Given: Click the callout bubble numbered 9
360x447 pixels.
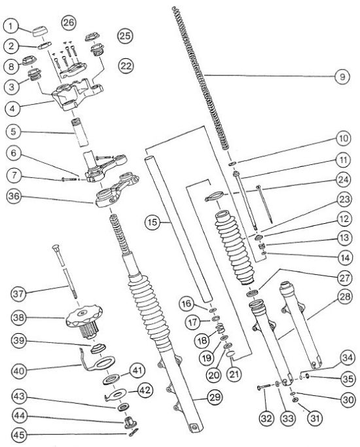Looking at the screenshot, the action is [342, 77].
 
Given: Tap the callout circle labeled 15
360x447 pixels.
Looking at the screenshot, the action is [153, 222].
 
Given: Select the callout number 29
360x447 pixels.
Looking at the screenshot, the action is [215, 397].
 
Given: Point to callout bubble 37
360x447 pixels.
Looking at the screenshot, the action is [19, 294].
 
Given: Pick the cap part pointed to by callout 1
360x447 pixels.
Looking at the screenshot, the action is [41, 31].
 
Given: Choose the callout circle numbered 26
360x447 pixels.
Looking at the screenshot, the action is [69, 22].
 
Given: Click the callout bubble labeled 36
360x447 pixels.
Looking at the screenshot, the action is [14, 197].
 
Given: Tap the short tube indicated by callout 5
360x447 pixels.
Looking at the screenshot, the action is [79, 133].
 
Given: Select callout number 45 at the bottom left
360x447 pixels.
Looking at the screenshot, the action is [19, 435].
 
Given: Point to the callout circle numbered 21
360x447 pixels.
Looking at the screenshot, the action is [234, 374].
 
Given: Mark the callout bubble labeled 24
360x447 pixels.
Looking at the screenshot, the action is [344, 179].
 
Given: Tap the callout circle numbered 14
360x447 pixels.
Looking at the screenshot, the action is [345, 258].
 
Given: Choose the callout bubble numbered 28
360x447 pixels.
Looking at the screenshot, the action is [344, 296].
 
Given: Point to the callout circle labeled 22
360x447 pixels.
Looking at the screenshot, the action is [126, 66].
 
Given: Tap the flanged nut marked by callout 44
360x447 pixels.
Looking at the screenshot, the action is [130, 422].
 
